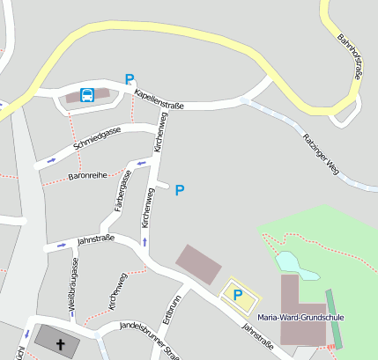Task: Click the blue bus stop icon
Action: tap(87, 95)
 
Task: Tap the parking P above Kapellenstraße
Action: tap(130, 79)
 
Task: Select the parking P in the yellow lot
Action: tap(236, 294)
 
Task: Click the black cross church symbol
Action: tap(61, 344)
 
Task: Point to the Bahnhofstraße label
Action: tap(350, 57)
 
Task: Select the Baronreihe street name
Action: tap(87, 176)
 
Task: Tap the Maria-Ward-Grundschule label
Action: tap(301, 317)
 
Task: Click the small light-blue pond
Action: tap(287, 261)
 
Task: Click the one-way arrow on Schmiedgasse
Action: tap(51, 159)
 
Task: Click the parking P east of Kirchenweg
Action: tap(180, 189)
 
